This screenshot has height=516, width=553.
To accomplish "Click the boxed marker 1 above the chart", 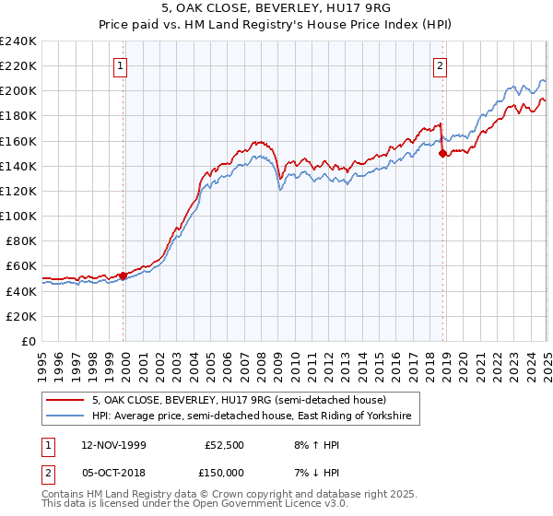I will [x=123, y=65].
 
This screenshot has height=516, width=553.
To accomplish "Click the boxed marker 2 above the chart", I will [x=441, y=65].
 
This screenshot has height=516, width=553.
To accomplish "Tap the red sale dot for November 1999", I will [x=124, y=275].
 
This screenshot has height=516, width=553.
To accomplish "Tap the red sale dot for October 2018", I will [x=442, y=153].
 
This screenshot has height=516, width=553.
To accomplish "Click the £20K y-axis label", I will [x=22, y=316].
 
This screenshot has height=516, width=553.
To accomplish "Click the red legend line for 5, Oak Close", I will [x=65, y=400].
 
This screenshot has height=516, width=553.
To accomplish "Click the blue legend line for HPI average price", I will [x=65, y=417].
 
